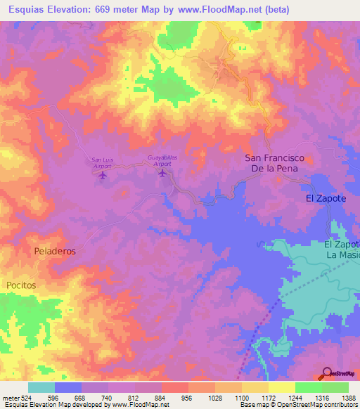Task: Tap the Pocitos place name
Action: (x=21, y=285)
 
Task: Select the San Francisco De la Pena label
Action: (x=271, y=164)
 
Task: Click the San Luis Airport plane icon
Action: (x=103, y=174)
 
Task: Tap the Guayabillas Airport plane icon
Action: (x=163, y=173)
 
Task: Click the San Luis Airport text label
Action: (x=103, y=162)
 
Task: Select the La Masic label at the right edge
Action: (x=343, y=255)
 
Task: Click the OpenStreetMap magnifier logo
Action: (x=328, y=373)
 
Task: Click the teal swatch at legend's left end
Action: (x=41, y=387)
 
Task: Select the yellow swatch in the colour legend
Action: (x=281, y=387)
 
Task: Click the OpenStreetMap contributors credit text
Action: (x=319, y=405)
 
